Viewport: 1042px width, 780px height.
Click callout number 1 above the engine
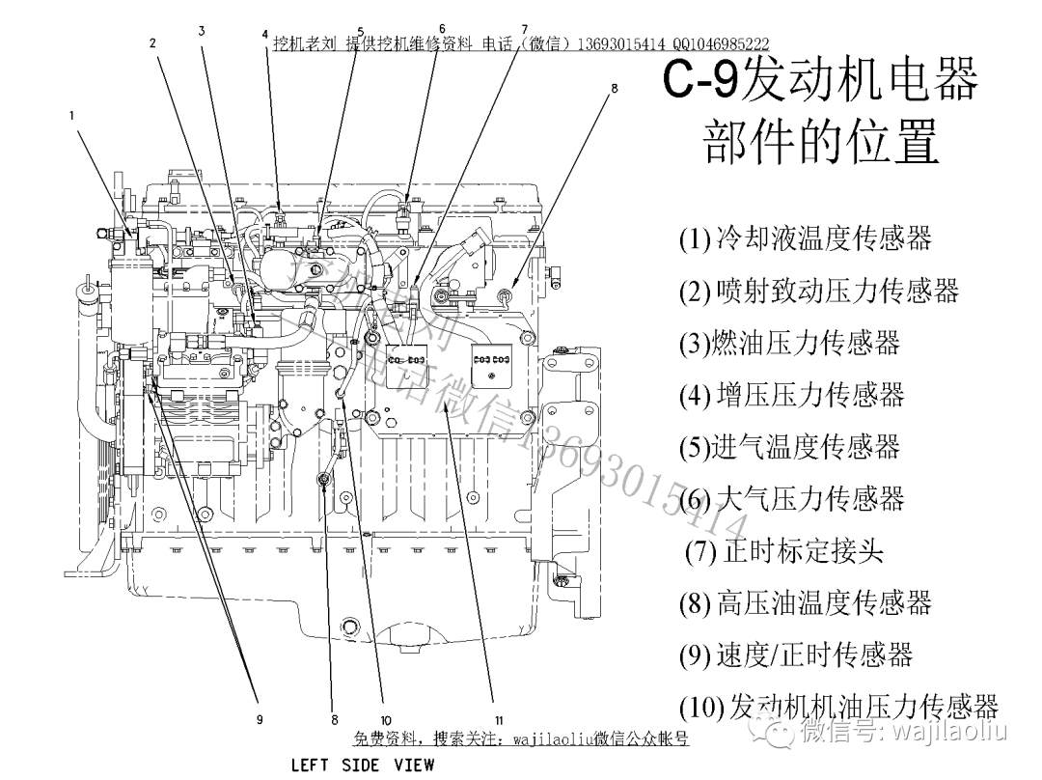coord(71,115)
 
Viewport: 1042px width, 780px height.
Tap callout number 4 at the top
coord(264,34)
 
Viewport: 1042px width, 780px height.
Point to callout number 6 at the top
coord(442,29)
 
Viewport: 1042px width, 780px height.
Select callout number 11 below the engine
coord(499,719)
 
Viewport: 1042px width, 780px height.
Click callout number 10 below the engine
coord(385,719)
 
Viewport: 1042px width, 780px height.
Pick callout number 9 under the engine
coord(260,719)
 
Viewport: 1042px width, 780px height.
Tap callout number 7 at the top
coord(524,29)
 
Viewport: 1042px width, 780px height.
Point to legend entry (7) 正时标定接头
coord(783,550)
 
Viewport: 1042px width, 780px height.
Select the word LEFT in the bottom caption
coord(311,766)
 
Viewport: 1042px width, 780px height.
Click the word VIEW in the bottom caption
coord(414,766)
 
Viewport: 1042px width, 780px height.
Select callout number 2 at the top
coord(152,42)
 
